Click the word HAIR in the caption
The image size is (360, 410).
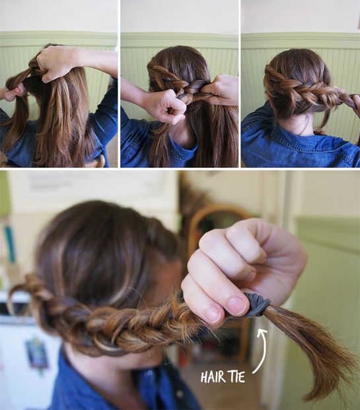(213, 378)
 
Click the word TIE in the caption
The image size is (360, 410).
(237, 378)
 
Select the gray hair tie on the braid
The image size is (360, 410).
(256, 306)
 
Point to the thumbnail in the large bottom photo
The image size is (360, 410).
(237, 306)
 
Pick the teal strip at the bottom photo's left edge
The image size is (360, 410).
(10, 244)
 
